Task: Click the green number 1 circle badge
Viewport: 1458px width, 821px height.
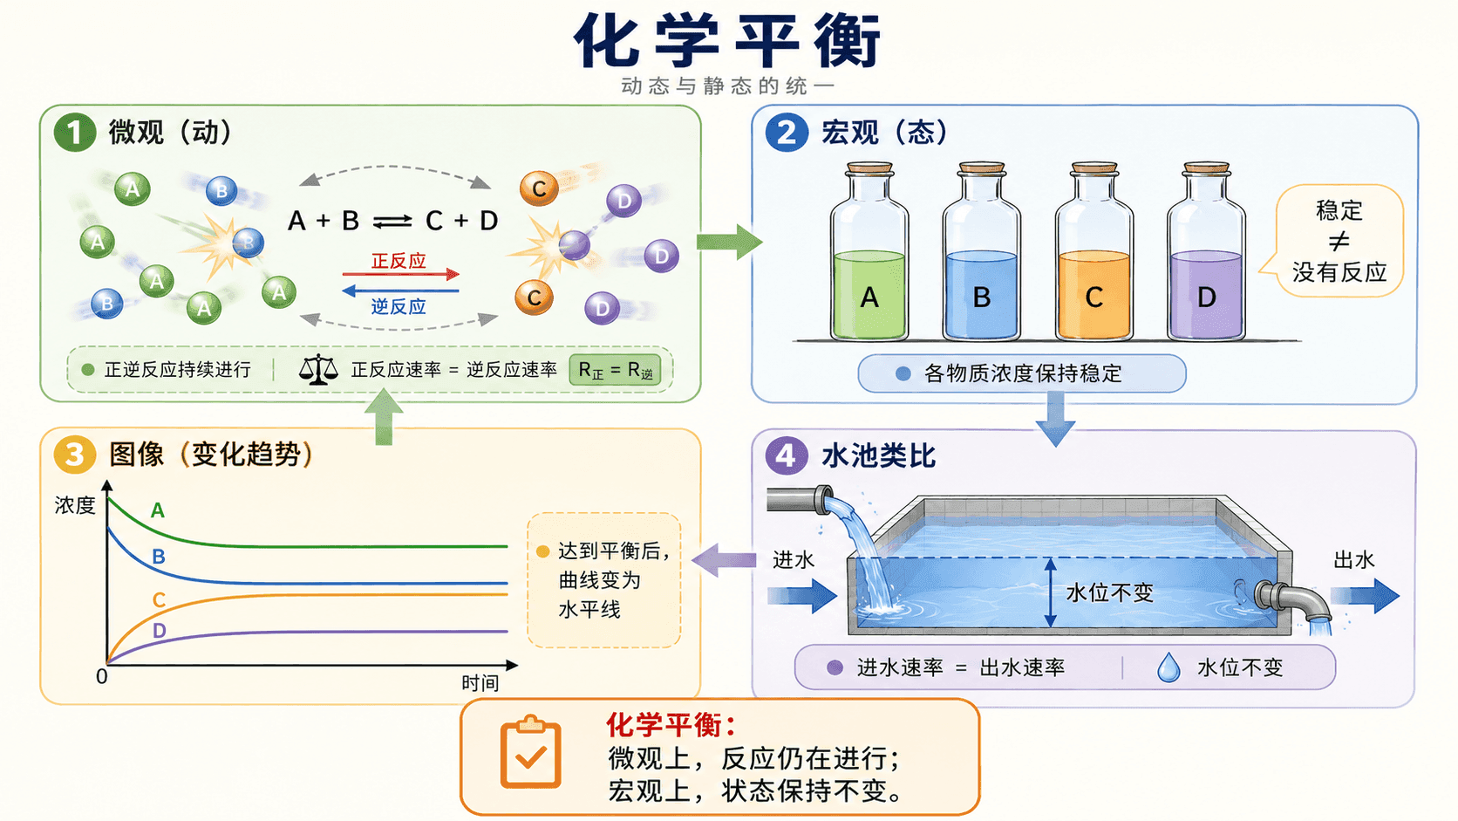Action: pyautogui.click(x=75, y=132)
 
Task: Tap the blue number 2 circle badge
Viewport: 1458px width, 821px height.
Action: pyautogui.click(x=787, y=132)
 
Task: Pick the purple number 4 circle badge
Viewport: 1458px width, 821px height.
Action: pyautogui.click(x=786, y=455)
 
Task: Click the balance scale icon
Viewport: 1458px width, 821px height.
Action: pyautogui.click(x=318, y=370)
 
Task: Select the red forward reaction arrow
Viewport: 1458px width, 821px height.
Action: pyautogui.click(x=401, y=274)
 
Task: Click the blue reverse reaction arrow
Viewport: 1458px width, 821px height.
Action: pyautogui.click(x=400, y=291)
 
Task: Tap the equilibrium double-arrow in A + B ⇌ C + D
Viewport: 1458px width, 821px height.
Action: pyautogui.click(x=392, y=222)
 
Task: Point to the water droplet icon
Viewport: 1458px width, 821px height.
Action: pyautogui.click(x=1168, y=667)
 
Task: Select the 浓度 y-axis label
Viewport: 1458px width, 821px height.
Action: pyautogui.click(x=75, y=505)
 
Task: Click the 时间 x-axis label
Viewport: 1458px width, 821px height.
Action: pyautogui.click(x=480, y=683)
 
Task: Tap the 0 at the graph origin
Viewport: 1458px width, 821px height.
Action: pyautogui.click(x=101, y=677)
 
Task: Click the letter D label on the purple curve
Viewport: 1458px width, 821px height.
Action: pyautogui.click(x=160, y=630)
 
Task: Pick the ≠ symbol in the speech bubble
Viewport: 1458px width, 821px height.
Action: pyautogui.click(x=1339, y=242)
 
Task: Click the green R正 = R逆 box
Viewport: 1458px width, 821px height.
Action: pyautogui.click(x=615, y=371)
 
